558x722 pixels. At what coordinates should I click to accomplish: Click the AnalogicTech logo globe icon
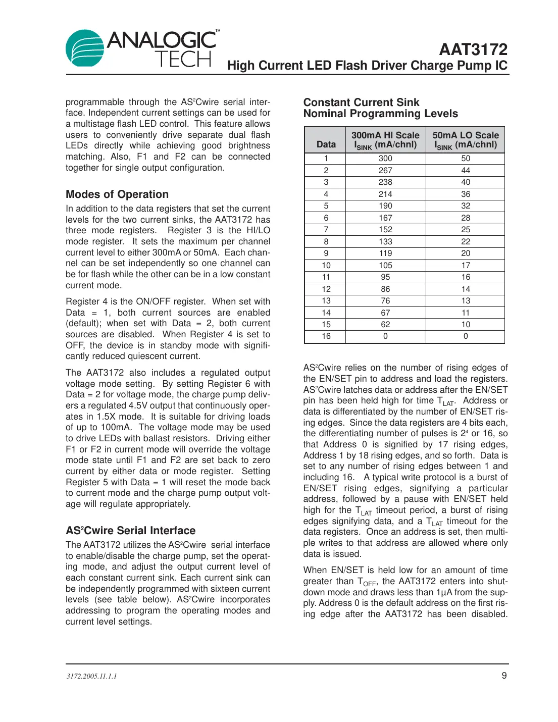[84, 48]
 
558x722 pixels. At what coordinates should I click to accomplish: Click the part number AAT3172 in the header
[473, 49]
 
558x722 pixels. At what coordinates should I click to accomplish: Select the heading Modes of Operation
[117, 194]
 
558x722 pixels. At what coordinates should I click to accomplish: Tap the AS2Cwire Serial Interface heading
[130, 531]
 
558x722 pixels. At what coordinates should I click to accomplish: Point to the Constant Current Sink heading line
[361, 102]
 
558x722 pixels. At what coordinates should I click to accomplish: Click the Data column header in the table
[326, 144]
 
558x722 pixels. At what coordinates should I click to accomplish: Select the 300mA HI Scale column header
[385, 140]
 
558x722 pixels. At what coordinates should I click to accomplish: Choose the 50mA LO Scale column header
[465, 140]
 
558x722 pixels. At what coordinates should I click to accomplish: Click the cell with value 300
[385, 159]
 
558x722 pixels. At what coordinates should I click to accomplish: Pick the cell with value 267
[385, 171]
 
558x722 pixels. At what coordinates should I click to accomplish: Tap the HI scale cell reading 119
[385, 253]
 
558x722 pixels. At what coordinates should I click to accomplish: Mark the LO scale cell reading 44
[465, 171]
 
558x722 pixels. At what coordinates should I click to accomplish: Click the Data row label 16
[326, 336]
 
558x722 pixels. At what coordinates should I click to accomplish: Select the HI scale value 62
[385, 325]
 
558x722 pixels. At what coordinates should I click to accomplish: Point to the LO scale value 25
[465, 230]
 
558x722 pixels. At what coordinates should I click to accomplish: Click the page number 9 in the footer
[503, 676]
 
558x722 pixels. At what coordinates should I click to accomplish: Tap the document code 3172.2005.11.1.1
[91, 676]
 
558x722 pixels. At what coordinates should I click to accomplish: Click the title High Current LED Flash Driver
[367, 66]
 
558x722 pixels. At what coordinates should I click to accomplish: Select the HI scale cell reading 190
[385, 206]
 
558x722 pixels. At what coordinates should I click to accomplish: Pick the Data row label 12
[326, 289]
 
